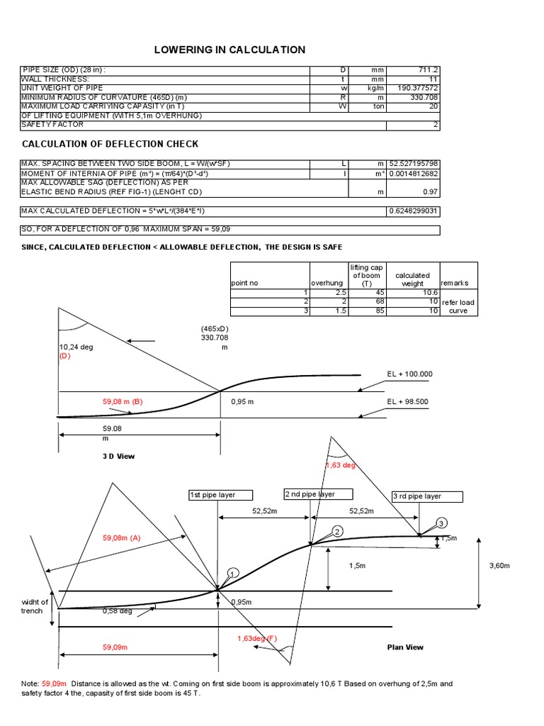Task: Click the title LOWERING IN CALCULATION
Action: point(230,50)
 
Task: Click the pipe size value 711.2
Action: point(425,70)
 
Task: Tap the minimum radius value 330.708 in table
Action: point(424,97)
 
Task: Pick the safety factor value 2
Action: point(436,125)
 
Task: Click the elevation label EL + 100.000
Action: point(410,374)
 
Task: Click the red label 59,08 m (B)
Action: point(123,401)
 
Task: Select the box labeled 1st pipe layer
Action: point(212,495)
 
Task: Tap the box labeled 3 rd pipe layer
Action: point(426,496)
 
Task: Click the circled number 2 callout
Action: point(337,532)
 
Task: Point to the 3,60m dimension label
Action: point(500,566)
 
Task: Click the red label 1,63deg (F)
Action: point(257,638)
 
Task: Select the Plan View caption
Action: point(405,647)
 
